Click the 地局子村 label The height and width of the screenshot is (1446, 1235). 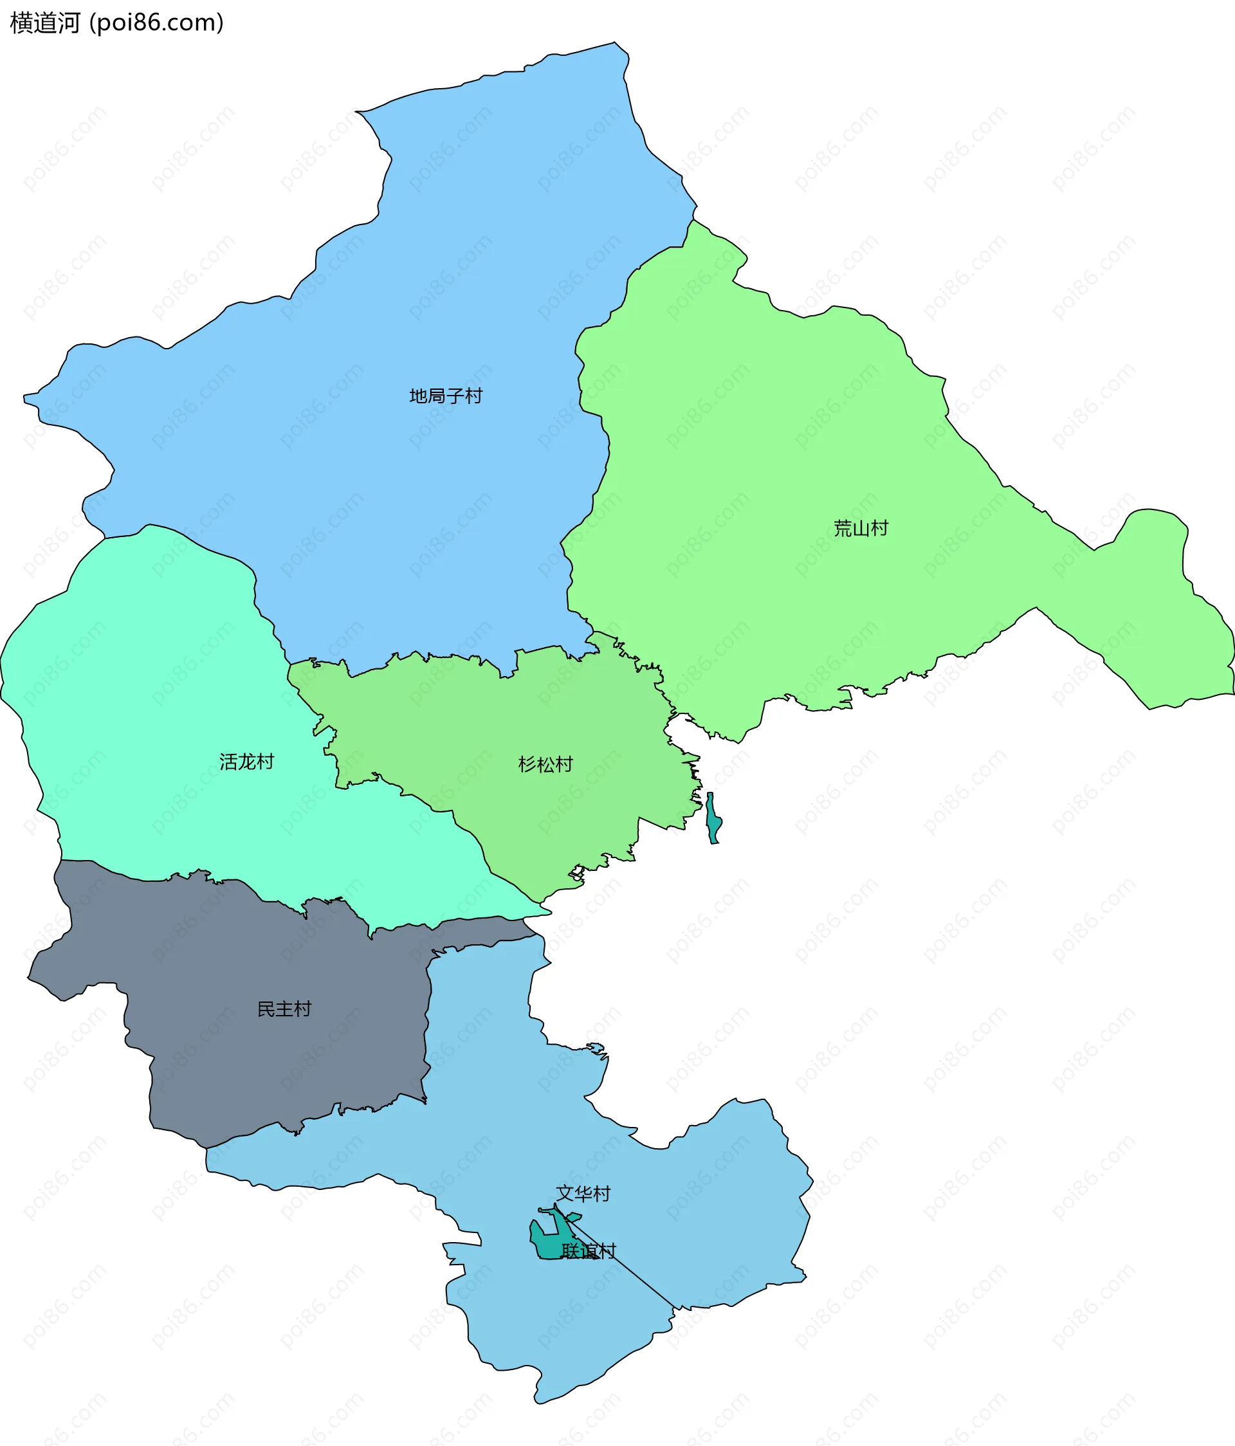(445, 396)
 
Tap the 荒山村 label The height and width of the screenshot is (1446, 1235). (860, 528)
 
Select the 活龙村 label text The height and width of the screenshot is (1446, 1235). (246, 762)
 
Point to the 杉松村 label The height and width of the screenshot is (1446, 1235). (545, 764)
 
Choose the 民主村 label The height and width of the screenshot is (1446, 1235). (284, 1009)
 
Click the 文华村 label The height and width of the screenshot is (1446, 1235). (583, 1193)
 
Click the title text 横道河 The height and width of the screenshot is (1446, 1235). (46, 23)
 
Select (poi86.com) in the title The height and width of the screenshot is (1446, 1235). (156, 23)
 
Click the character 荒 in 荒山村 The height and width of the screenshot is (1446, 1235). (842, 528)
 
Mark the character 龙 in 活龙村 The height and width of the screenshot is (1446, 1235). (246, 762)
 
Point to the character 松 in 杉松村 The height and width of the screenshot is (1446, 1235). (545, 764)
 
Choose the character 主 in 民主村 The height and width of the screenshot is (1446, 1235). (284, 1009)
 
